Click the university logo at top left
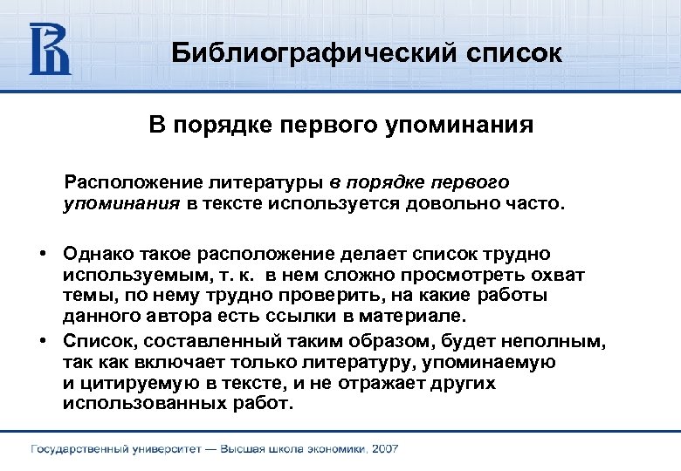point(49,48)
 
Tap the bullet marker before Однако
point(42,253)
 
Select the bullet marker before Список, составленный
point(42,339)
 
